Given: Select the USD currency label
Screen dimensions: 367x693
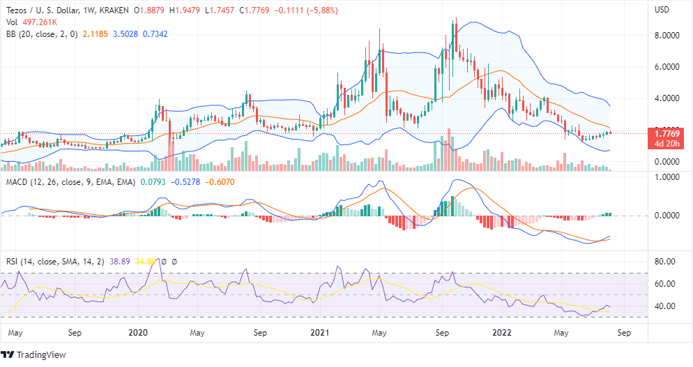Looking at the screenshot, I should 662,10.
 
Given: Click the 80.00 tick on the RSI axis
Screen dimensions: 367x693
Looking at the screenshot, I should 665,262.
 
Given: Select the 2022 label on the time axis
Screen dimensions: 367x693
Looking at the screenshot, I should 505,333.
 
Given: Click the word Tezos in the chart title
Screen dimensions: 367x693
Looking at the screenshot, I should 17,10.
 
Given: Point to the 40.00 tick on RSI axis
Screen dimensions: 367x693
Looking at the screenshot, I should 665,306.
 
